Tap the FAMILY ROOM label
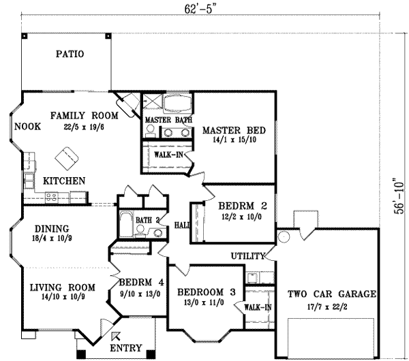coord(84,116)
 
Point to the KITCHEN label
coord(64,181)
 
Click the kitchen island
coord(67,158)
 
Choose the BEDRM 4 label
coord(139,283)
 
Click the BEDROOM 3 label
coord(206,293)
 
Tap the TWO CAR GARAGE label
coord(331,294)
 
